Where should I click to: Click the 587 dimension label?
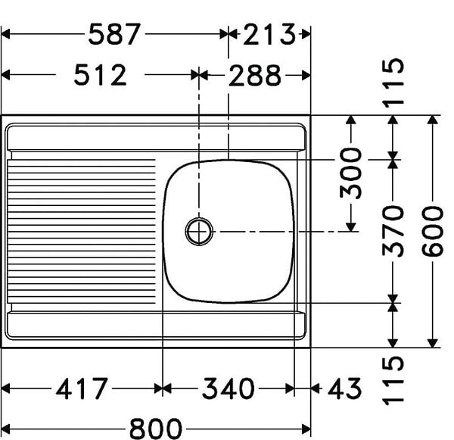[114, 34]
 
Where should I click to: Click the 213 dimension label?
[269, 34]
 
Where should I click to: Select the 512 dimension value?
[100, 75]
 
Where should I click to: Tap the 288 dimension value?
[255, 76]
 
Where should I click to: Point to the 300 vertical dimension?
[350, 173]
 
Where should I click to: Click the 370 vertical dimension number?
[393, 231]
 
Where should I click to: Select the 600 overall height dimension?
[432, 231]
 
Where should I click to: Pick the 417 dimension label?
[82, 389]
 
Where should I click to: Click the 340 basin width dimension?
[229, 389]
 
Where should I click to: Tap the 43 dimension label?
[344, 389]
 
